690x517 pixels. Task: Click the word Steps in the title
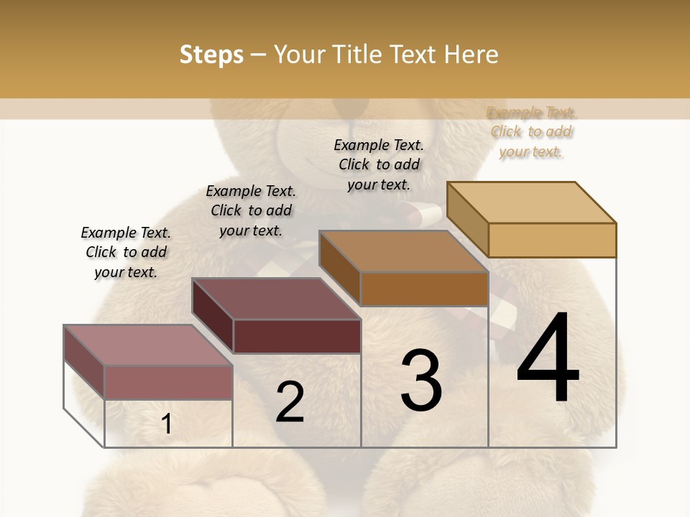pyautogui.click(x=211, y=55)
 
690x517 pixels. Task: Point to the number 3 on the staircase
pyautogui.click(x=421, y=380)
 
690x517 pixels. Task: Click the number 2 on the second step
pyautogui.click(x=290, y=401)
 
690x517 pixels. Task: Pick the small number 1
pyautogui.click(x=167, y=424)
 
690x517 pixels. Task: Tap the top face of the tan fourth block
pyautogui.click(x=531, y=202)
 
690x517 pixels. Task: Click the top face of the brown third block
pyautogui.click(x=403, y=251)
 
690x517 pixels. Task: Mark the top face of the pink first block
pyautogui.click(x=148, y=345)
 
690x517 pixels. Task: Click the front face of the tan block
pyautogui.click(x=552, y=240)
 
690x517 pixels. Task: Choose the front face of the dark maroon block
pyautogui.click(x=297, y=336)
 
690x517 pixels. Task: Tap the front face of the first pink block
pyautogui.click(x=168, y=382)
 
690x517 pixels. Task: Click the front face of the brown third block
pyautogui.click(x=424, y=289)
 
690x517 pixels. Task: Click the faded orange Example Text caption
pyautogui.click(x=531, y=131)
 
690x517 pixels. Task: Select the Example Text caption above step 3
pyautogui.click(x=379, y=164)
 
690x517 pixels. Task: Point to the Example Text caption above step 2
pyautogui.click(x=251, y=210)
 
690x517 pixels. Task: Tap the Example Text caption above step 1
pyautogui.click(x=126, y=252)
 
